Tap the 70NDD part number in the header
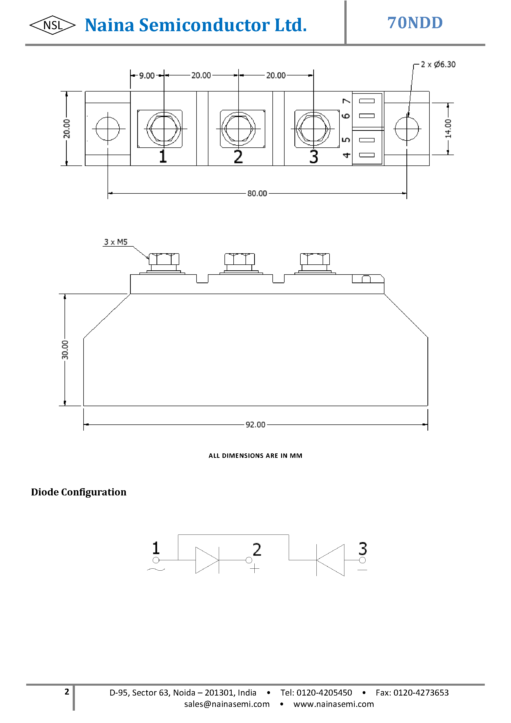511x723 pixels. pyautogui.click(x=415, y=23)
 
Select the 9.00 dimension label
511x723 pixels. pyautogui.click(x=147, y=76)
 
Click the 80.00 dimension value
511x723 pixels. pyautogui.click(x=257, y=193)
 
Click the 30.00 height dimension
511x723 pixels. pyautogui.click(x=65, y=350)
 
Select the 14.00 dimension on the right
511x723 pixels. pyautogui.click(x=448, y=128)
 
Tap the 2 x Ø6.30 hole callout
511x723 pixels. pyautogui.click(x=438, y=65)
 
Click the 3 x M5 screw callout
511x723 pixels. pyautogui.click(x=116, y=242)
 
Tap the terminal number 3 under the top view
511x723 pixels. pyautogui.click(x=313, y=157)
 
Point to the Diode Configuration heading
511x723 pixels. pyautogui.click(x=79, y=492)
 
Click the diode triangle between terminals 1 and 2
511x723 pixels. pyautogui.click(x=206, y=560)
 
